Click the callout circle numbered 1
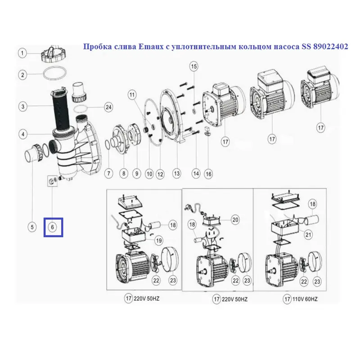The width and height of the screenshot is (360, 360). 22,54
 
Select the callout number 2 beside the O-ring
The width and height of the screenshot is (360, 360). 22,75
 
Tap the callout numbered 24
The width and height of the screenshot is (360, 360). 108,107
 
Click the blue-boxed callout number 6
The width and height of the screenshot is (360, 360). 52,227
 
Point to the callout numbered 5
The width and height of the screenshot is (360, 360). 32,227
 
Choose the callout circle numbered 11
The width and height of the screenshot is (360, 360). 132,95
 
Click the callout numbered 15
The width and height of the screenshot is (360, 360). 194,67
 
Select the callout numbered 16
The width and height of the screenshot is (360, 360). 208,174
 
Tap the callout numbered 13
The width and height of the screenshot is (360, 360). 176,173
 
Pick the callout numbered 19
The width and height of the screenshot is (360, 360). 159,241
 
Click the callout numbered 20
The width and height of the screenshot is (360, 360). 235,220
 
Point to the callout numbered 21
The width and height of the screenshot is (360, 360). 308,234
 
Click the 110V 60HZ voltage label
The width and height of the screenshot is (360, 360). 305,299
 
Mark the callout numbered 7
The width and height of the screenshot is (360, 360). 108,173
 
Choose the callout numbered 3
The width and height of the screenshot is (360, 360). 23,107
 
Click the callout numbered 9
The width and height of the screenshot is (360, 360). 137,173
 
